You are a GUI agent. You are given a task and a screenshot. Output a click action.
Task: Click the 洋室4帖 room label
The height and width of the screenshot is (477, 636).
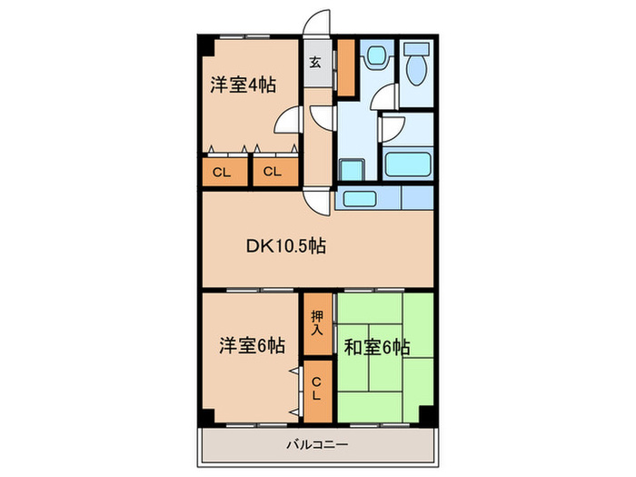(243, 84)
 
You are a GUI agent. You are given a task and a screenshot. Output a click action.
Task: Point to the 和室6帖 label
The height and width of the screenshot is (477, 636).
(375, 345)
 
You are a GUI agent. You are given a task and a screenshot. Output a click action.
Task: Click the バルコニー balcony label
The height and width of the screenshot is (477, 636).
(317, 444)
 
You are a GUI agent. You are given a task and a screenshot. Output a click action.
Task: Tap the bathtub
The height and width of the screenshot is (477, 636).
(407, 165)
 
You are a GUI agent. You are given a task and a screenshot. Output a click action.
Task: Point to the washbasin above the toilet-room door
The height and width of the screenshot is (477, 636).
(373, 60)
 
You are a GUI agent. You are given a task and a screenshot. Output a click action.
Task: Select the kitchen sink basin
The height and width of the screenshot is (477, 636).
(362, 198)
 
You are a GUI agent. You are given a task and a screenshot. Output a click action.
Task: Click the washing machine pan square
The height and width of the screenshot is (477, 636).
(351, 170)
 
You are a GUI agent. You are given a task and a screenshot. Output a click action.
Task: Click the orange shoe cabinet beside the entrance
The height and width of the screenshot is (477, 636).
(346, 68)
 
